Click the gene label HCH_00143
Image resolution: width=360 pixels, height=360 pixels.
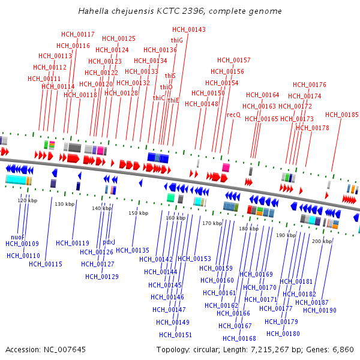tap(188, 29)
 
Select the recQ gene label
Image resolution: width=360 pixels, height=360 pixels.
tap(233, 115)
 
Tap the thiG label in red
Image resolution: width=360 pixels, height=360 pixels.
tap(177, 40)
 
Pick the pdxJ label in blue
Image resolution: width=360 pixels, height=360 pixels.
tap(109, 242)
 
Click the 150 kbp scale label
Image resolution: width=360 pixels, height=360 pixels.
tap(139, 213)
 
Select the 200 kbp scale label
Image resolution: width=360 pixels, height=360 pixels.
tap(322, 241)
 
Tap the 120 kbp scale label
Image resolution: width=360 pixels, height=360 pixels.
tap(27, 200)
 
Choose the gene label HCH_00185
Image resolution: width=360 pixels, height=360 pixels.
tap(342, 115)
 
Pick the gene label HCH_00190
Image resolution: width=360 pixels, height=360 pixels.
tap(319, 310)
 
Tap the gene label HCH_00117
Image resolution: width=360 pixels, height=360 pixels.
tap(78, 34)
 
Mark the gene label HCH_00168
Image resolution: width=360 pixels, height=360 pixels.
tap(239, 338)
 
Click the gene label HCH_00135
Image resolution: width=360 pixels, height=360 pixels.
tap(133, 250)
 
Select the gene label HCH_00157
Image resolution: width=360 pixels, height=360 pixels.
tap(234, 60)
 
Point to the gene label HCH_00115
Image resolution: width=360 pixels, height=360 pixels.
tap(46, 264)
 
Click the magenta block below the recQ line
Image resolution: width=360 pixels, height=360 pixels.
tap(226, 167)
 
